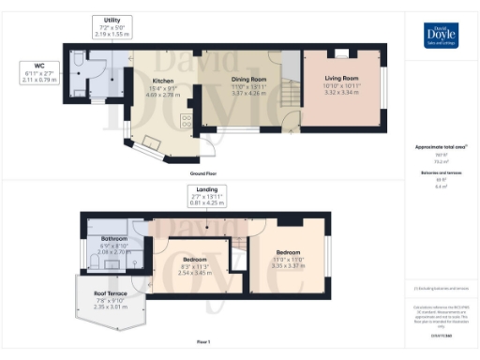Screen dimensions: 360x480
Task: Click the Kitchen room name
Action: pos(163,82)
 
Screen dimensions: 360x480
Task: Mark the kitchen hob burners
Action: pos(186,119)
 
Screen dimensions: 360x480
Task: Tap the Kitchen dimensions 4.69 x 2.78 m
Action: pos(163,94)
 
